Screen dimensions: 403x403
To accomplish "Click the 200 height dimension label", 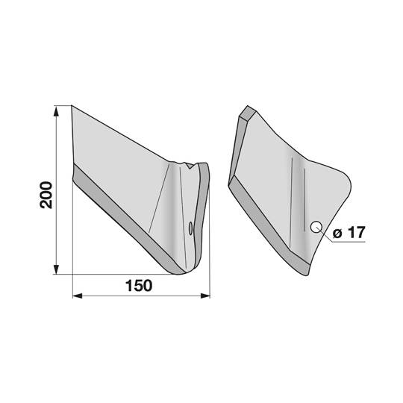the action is pos(46,195).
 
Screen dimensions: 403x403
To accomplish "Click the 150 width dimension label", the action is pos(139,286).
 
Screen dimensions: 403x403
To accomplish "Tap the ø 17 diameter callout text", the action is pos(349,232).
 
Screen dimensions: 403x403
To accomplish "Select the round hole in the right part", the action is pos(316,227).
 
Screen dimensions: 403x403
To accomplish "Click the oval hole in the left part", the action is pos(190,228).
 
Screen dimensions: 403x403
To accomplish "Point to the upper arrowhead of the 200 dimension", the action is pos(56,110).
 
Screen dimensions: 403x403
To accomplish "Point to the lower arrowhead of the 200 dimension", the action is pos(56,269).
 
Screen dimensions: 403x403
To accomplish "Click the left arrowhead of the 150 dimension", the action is pos(78,296).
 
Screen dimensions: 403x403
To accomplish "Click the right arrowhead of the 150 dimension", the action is pos(205,296).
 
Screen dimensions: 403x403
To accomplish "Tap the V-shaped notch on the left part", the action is pos(190,166).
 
